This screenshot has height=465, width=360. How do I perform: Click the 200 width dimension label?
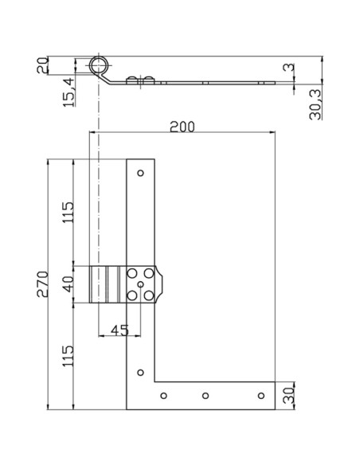(182, 126)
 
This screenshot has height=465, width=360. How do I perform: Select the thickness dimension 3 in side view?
(287, 71)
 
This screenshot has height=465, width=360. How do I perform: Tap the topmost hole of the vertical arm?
(141, 173)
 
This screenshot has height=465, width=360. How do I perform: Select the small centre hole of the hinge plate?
(141, 284)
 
